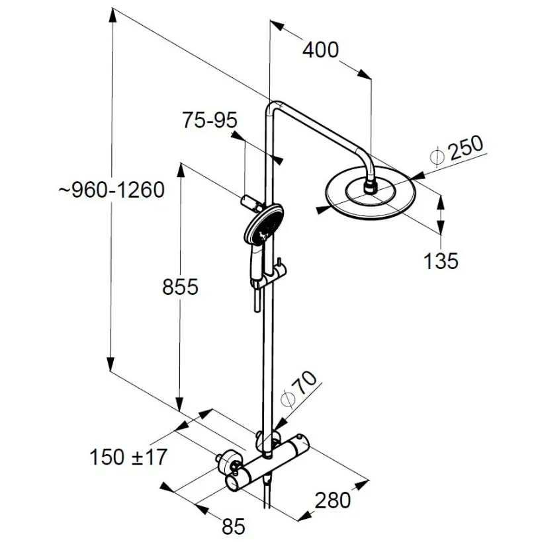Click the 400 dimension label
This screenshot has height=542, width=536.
(x=320, y=50)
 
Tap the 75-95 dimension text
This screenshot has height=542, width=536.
(x=210, y=120)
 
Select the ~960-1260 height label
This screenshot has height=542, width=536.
(x=111, y=190)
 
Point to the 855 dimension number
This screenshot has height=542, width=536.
(x=180, y=287)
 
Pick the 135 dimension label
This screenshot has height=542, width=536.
(x=441, y=260)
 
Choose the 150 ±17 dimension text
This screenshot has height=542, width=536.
(x=128, y=457)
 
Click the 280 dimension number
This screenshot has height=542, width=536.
(x=333, y=500)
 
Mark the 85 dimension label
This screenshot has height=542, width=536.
(x=234, y=526)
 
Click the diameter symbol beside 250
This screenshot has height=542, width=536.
(x=437, y=157)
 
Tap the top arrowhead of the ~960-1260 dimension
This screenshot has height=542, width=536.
(x=112, y=17)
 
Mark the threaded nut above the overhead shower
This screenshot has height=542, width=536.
(x=371, y=187)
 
